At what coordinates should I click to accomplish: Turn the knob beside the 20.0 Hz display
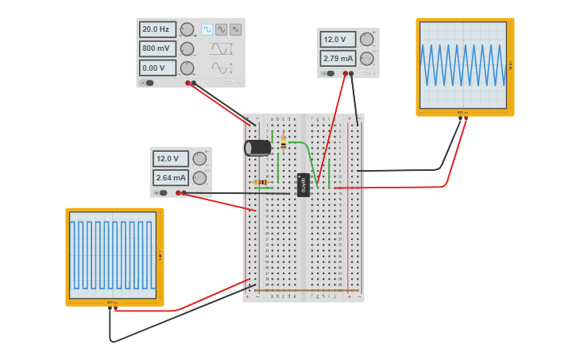[x=187, y=29]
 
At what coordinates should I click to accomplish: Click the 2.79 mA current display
[x=338, y=58]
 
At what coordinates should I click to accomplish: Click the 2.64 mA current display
[x=171, y=177]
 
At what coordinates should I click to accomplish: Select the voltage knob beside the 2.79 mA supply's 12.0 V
[x=366, y=39]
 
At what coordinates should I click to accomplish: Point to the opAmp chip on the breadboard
[x=303, y=184]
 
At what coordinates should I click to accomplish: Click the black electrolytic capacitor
[x=257, y=148]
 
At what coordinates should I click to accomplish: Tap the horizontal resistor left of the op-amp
[x=261, y=182]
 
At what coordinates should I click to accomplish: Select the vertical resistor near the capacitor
[x=284, y=142]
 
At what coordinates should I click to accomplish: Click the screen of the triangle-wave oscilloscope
[x=465, y=65]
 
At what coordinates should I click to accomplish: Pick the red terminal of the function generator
[x=188, y=83]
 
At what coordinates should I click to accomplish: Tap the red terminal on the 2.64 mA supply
[x=184, y=192]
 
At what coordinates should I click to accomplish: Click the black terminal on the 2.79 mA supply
[x=352, y=73]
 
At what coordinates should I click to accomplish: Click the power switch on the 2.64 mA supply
[x=161, y=192]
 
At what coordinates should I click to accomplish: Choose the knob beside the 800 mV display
[x=187, y=48]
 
